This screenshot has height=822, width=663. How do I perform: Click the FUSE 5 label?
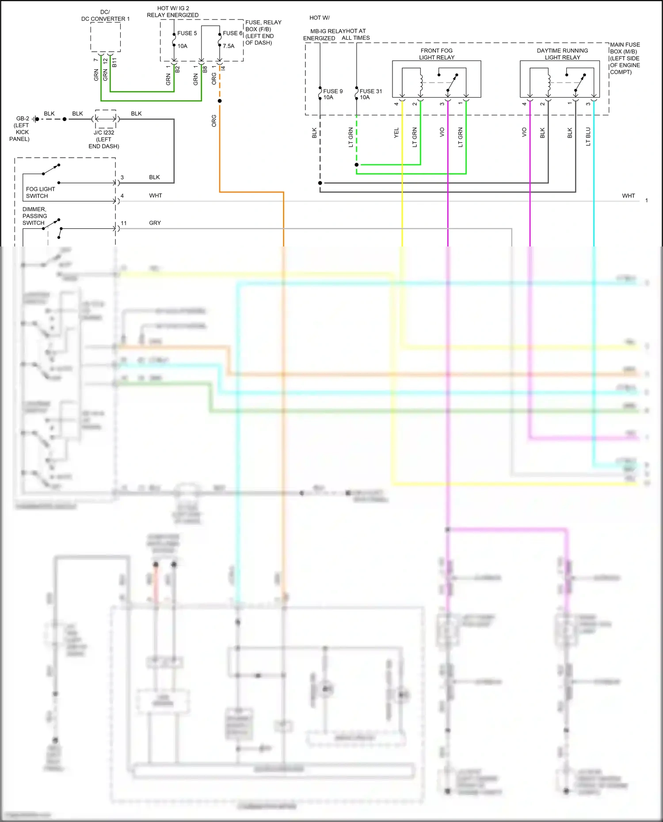pyautogui.click(x=187, y=33)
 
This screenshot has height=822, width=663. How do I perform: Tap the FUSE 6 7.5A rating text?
pyautogui.click(x=229, y=46)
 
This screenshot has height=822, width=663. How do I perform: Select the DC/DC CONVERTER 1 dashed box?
pyautogui.click(x=106, y=37)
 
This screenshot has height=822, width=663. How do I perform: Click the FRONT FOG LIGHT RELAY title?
pyautogui.click(x=436, y=54)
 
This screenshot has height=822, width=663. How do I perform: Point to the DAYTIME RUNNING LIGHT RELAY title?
pyautogui.click(x=562, y=54)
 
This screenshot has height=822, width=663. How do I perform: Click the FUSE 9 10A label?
pyautogui.click(x=332, y=94)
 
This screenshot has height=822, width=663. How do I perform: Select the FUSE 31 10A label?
pyautogui.click(x=370, y=94)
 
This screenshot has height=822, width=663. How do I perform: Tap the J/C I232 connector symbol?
pyautogui.click(x=106, y=119)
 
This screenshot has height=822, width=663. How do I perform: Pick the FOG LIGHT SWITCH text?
pyautogui.click(x=40, y=192)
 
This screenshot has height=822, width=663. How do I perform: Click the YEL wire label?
pyautogui.click(x=396, y=133)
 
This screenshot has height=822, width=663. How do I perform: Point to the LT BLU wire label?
pyautogui.click(x=588, y=136)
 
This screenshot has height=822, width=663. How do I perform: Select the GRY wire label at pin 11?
pyautogui.click(x=155, y=223)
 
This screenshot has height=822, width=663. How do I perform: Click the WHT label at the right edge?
pyautogui.click(x=628, y=196)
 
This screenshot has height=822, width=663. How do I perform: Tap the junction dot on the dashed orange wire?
pyautogui.click(x=220, y=101)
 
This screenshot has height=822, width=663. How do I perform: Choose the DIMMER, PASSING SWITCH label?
pyautogui.click(x=34, y=216)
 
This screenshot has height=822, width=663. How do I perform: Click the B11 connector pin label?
pyautogui.click(x=114, y=62)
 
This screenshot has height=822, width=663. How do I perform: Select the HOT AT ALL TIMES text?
pyautogui.click(x=356, y=34)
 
